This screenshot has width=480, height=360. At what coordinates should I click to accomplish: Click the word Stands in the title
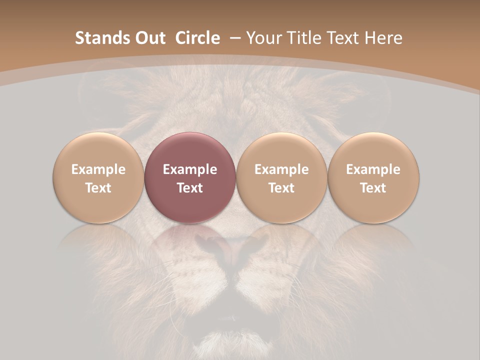coord(96,38)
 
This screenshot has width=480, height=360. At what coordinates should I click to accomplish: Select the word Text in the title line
coord(343,38)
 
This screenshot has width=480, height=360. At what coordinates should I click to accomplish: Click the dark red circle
coord(190,177)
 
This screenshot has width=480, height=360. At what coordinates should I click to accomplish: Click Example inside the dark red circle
coord(190,169)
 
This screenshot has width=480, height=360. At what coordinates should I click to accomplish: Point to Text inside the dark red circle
coord(190,188)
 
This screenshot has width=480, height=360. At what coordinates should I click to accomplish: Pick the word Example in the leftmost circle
coord(98,169)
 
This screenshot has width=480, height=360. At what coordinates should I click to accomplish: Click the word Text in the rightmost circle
coord(373,188)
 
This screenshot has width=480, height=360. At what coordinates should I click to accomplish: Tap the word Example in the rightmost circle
coord(373,169)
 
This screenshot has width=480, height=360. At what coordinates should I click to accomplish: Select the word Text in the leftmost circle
coord(98,188)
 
